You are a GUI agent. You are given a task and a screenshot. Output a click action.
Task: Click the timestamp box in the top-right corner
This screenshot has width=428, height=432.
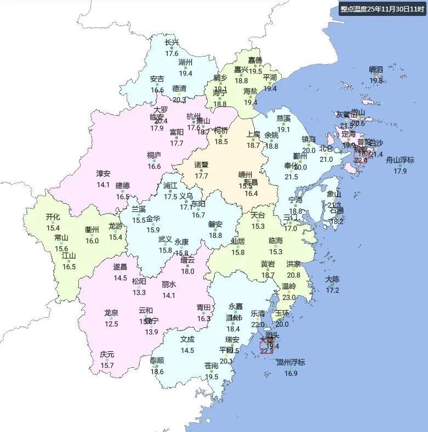click(x=382, y=8)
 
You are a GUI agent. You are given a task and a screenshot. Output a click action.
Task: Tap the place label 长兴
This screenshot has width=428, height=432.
click(x=172, y=42)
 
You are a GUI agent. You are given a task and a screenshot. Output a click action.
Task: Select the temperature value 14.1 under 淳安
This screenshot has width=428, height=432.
click(x=103, y=184)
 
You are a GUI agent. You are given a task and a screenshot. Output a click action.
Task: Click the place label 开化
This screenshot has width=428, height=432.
click(x=53, y=217)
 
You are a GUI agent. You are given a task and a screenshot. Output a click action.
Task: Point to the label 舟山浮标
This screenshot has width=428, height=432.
click(x=400, y=160)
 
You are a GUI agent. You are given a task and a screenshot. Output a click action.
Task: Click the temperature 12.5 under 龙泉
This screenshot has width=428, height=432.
click(x=111, y=324)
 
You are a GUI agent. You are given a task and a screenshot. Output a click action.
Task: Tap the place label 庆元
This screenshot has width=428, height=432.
click(x=107, y=355)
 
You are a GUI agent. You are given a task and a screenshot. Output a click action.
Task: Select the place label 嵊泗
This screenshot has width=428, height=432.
click(x=376, y=69)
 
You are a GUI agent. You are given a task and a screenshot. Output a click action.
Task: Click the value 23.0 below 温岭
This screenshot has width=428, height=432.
click(x=289, y=297)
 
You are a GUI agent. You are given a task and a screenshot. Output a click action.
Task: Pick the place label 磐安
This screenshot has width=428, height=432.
click(x=215, y=224)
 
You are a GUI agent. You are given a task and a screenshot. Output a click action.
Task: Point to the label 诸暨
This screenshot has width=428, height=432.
click(x=202, y=164)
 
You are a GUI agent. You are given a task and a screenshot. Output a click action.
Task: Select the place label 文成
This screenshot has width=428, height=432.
click(x=187, y=339)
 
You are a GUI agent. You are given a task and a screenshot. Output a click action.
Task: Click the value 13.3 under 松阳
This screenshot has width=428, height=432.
click(x=139, y=293)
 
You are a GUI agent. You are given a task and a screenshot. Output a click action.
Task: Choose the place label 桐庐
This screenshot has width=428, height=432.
click(x=154, y=155)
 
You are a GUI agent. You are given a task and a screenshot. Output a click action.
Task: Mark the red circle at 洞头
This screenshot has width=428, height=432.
click(x=267, y=346)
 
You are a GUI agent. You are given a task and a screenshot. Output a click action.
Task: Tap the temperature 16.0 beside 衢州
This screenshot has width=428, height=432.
click(x=92, y=240)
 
